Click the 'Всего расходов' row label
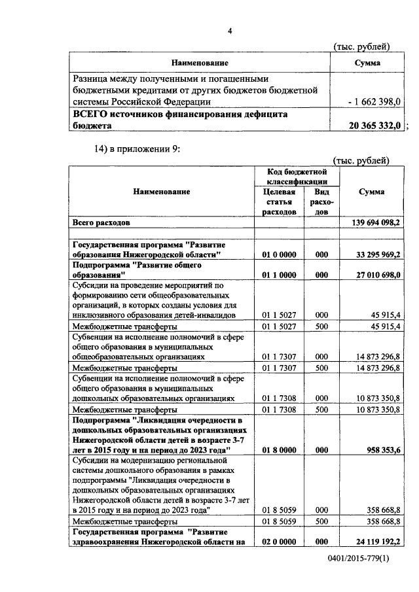[x=103, y=223]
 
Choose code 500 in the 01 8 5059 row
[x=321, y=521]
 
